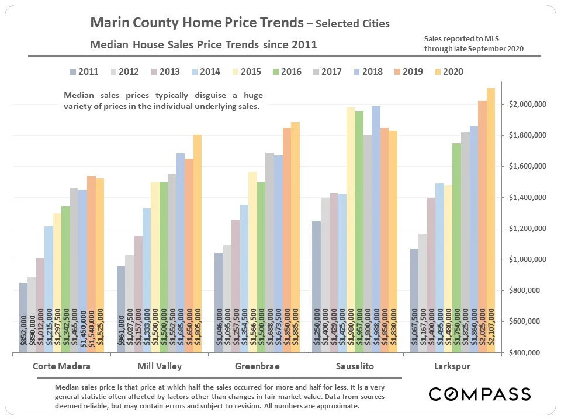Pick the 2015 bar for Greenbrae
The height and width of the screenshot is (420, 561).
click(x=253, y=262)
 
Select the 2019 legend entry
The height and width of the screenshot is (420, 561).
click(x=407, y=72)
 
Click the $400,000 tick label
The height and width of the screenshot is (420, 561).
click(x=527, y=353)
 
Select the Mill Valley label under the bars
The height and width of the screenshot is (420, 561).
click(x=159, y=366)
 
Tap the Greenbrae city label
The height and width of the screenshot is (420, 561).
click(x=257, y=366)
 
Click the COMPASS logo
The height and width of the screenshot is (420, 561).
click(x=480, y=394)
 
